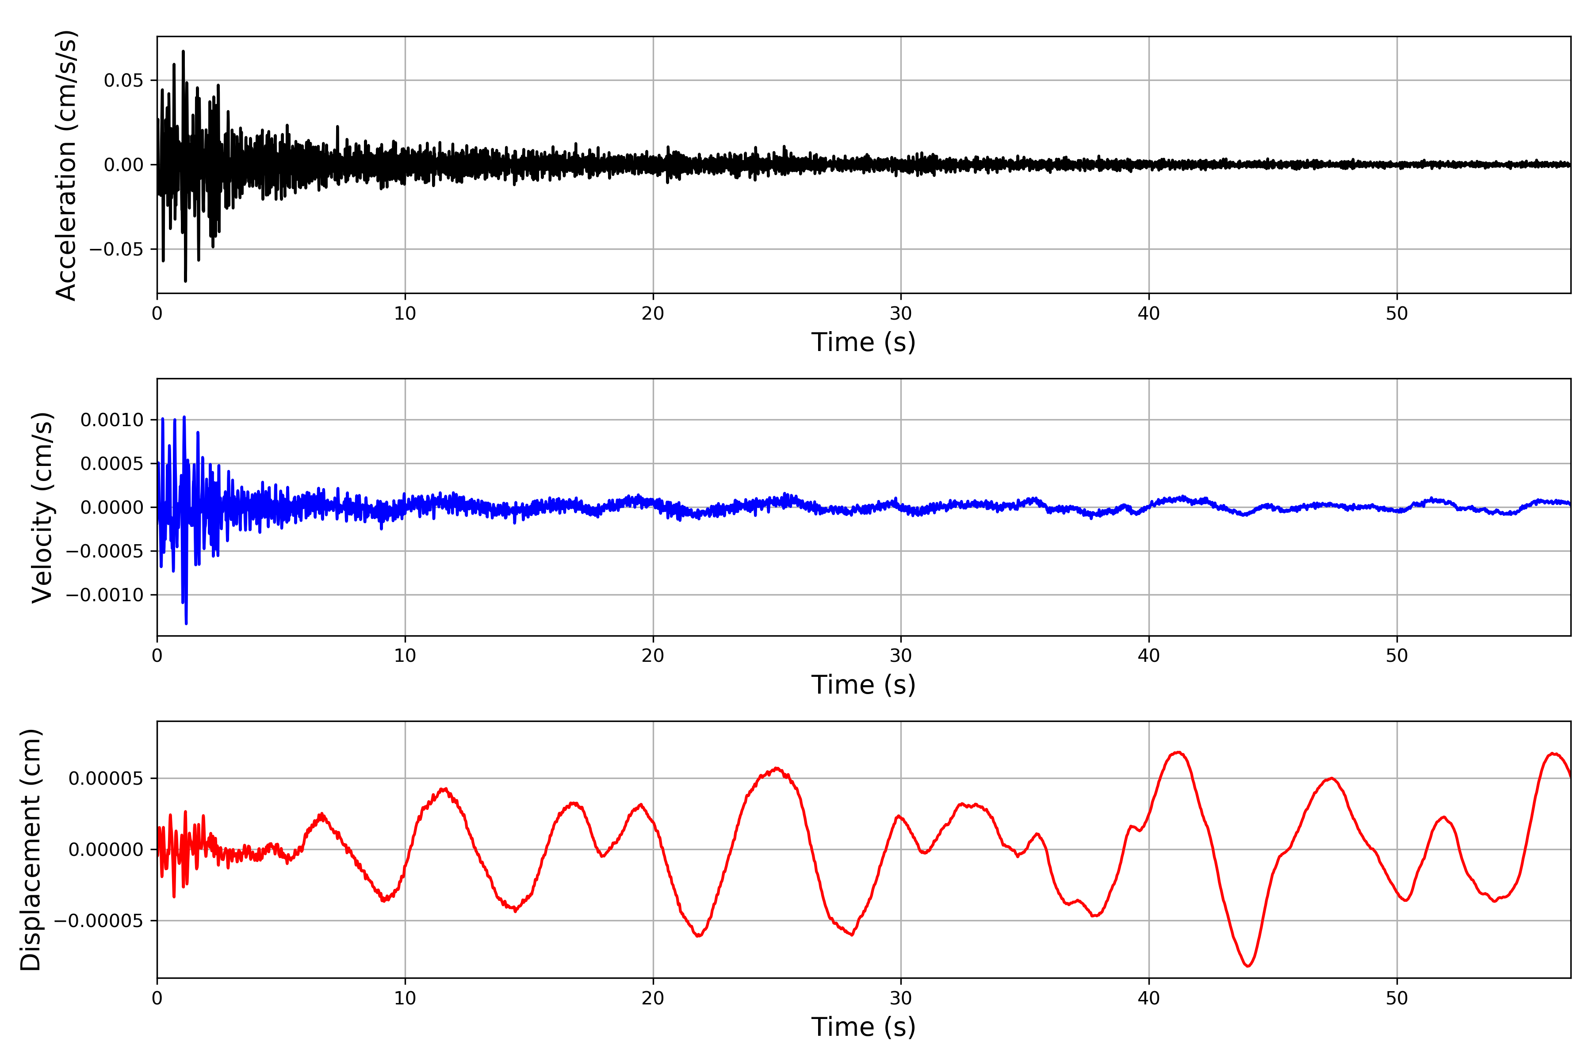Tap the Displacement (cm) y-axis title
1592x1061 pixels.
[x=31, y=849]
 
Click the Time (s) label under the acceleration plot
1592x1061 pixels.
[x=863, y=342]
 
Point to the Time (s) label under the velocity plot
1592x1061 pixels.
[x=863, y=685]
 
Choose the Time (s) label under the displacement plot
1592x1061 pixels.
[x=863, y=1027]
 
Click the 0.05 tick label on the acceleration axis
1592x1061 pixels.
[x=123, y=80]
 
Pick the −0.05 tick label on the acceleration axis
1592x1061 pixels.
[x=116, y=249]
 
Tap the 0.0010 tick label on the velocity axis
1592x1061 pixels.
[x=112, y=420]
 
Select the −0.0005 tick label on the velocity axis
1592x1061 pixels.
[x=105, y=551]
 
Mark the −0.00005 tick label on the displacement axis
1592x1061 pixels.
[x=99, y=921]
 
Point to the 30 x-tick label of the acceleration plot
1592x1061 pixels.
[x=901, y=314]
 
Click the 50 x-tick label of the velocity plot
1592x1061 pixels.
[x=1397, y=656]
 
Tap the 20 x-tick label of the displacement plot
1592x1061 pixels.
[x=653, y=998]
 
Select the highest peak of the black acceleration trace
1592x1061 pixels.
[x=183, y=51]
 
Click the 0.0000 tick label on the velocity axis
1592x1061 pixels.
[x=112, y=508]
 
